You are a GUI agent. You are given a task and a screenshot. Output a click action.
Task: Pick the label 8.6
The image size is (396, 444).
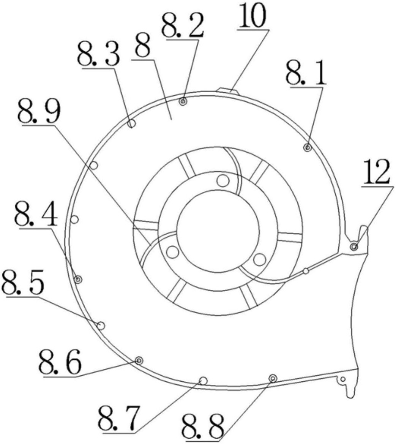[60, 362]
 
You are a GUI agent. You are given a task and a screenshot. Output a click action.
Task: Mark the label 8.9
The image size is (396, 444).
[39, 111]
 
